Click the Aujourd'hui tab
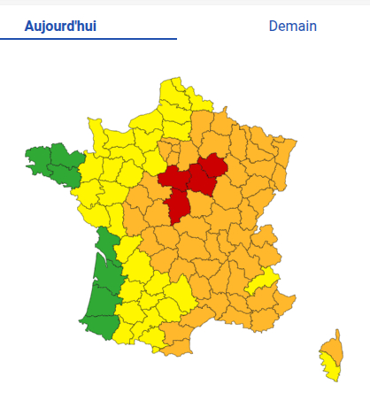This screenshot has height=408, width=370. [x=61, y=26]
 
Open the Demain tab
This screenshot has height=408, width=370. [x=292, y=26]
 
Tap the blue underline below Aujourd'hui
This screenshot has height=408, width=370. [x=89, y=39]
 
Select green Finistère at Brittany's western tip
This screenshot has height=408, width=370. [x=39, y=160]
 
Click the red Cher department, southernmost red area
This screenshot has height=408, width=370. [x=177, y=205]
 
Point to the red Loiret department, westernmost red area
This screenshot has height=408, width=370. [x=173, y=176]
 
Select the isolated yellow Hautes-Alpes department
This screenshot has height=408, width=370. [x=264, y=284]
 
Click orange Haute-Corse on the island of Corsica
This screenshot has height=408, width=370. [x=334, y=346]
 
